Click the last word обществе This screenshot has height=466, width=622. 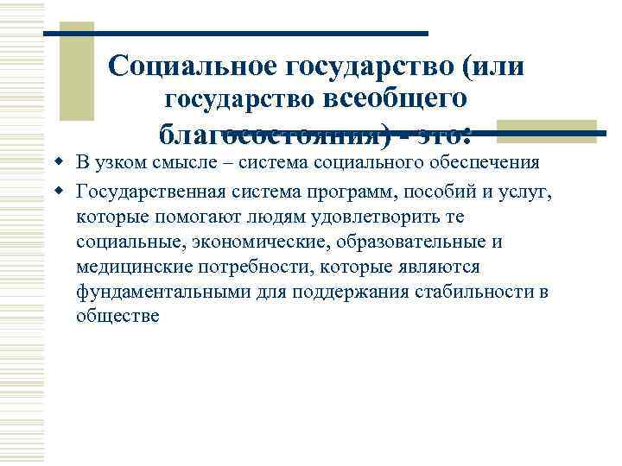pyautogui.click(x=117, y=317)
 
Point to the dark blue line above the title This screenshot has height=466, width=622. pyautogui.click(x=236, y=34)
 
